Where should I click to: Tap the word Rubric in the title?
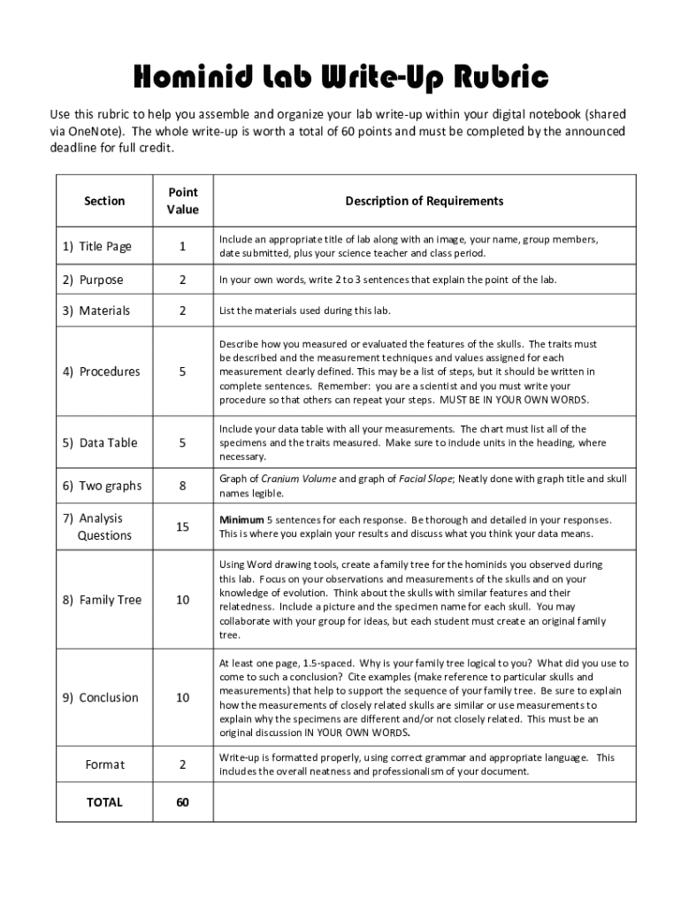pos(503,79)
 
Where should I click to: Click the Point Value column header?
pos(182,201)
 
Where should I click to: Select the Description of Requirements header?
pos(425,201)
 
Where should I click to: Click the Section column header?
pos(104,201)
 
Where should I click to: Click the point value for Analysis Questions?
pos(182,526)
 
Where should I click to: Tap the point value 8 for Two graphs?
pos(182,486)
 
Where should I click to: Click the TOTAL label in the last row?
pos(104,802)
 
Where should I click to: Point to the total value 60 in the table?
pos(182,802)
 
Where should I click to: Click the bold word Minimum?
pos(241,519)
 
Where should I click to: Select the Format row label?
pos(104,764)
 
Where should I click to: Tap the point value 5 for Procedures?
pos(182,372)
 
